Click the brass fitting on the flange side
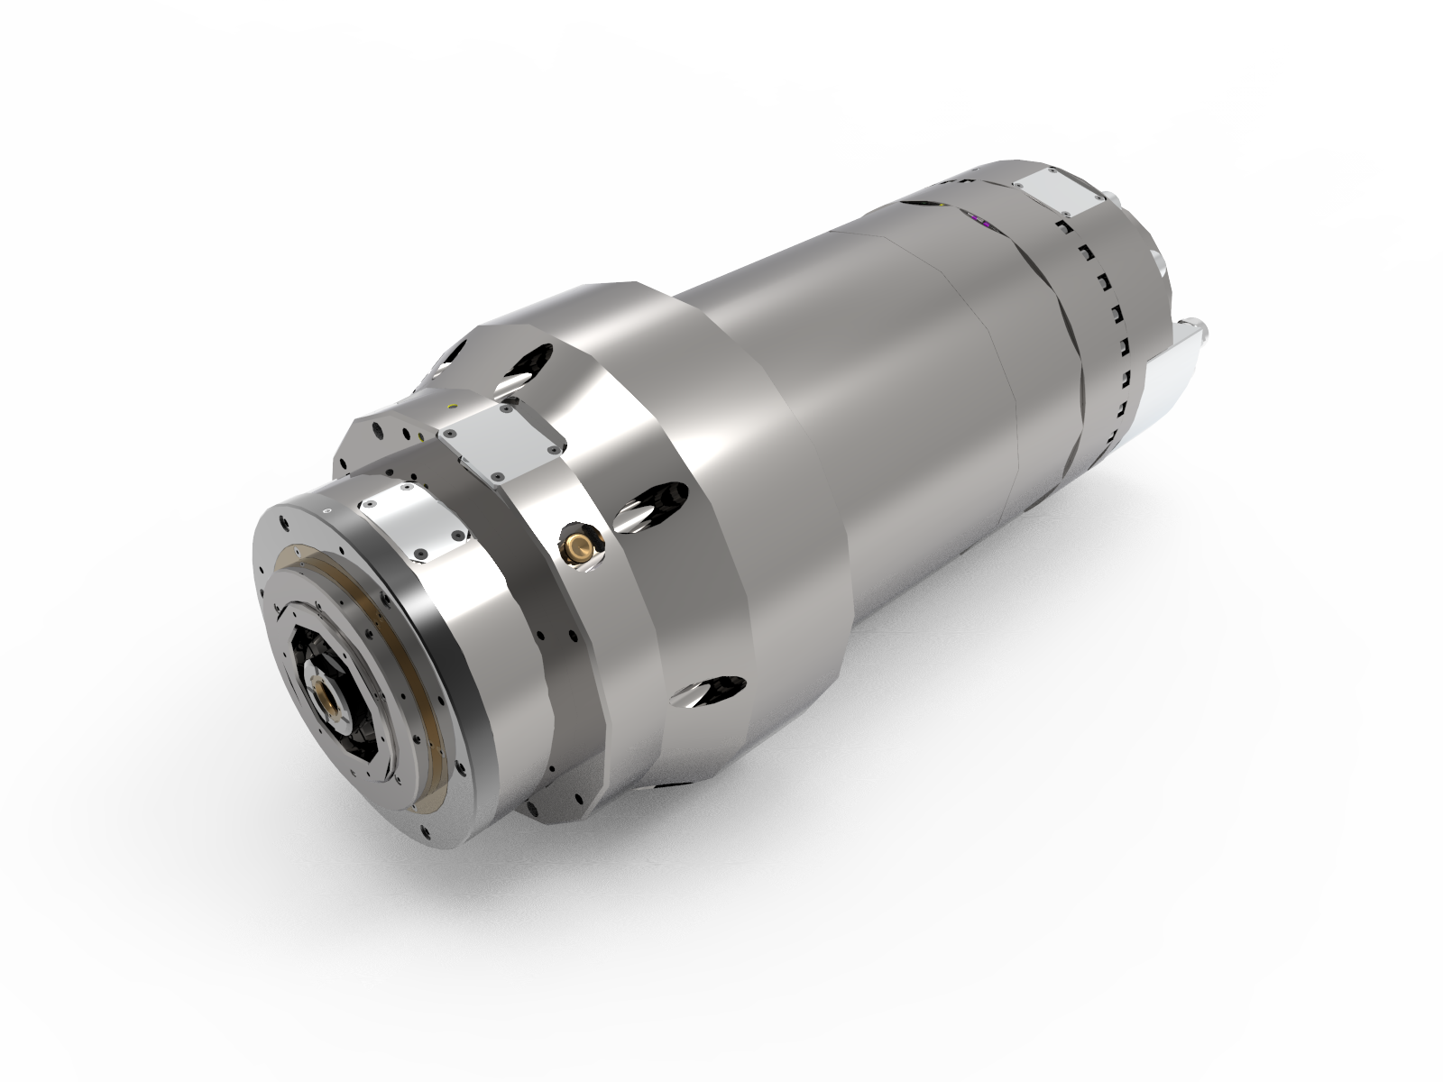click(577, 543)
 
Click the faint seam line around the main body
click(1001, 361)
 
